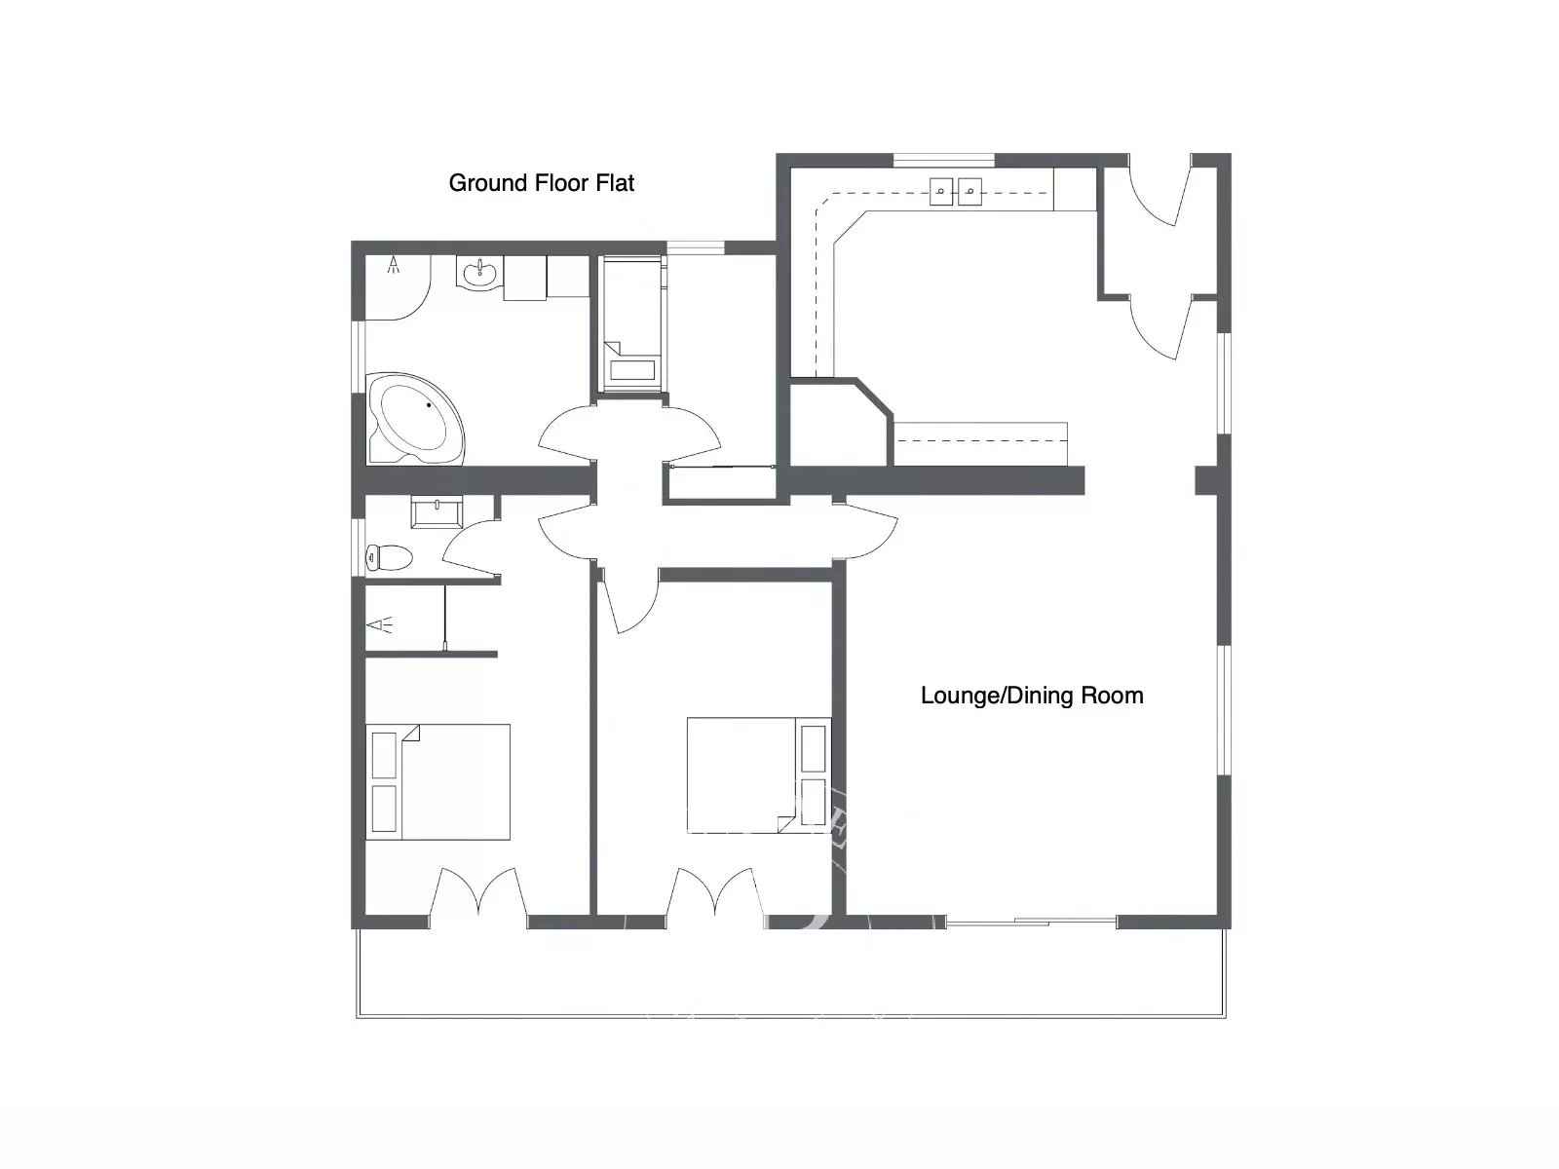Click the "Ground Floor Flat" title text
(x=541, y=183)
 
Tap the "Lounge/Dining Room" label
(x=1032, y=696)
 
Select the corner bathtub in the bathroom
(x=415, y=419)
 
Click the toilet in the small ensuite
(x=389, y=557)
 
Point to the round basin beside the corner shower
(x=480, y=273)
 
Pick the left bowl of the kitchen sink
(x=941, y=191)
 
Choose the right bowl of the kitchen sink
(x=970, y=191)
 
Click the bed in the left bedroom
(x=437, y=781)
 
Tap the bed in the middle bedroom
(x=758, y=775)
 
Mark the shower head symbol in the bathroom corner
(x=393, y=265)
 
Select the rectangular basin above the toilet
(x=437, y=511)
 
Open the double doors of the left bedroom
(x=478, y=893)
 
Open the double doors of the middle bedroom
(x=715, y=893)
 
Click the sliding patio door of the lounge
(x=1031, y=922)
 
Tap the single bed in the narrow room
(x=631, y=323)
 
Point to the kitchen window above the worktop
(x=944, y=161)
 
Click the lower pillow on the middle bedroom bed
(x=814, y=802)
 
